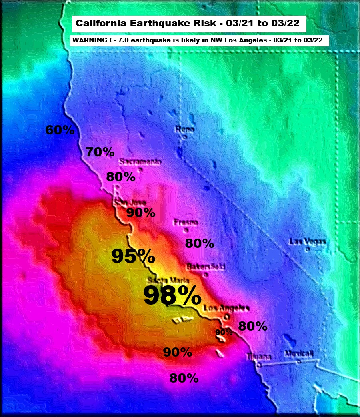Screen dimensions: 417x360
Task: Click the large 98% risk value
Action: pos(172,296)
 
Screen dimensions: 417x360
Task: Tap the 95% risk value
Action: pos(133,256)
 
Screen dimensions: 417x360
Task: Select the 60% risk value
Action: pos(60,130)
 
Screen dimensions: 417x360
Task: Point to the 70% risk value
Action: pos(100,152)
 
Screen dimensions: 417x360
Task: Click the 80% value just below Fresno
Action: pos(200,243)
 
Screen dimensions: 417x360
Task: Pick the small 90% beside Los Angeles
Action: pos(224,332)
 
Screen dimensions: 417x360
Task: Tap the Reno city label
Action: pos(185,129)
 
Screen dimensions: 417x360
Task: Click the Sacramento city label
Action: pos(141,162)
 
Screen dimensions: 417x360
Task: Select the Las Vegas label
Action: pos(308,241)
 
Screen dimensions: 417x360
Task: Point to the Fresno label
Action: pos(186,222)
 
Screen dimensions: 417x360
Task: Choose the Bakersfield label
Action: pos(206,267)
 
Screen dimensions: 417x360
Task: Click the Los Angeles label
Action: pos(226,308)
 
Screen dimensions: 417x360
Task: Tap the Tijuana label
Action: pos(259,357)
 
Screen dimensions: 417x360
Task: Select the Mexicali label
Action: pos(299,353)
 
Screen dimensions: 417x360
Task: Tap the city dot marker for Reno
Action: pos(185,137)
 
